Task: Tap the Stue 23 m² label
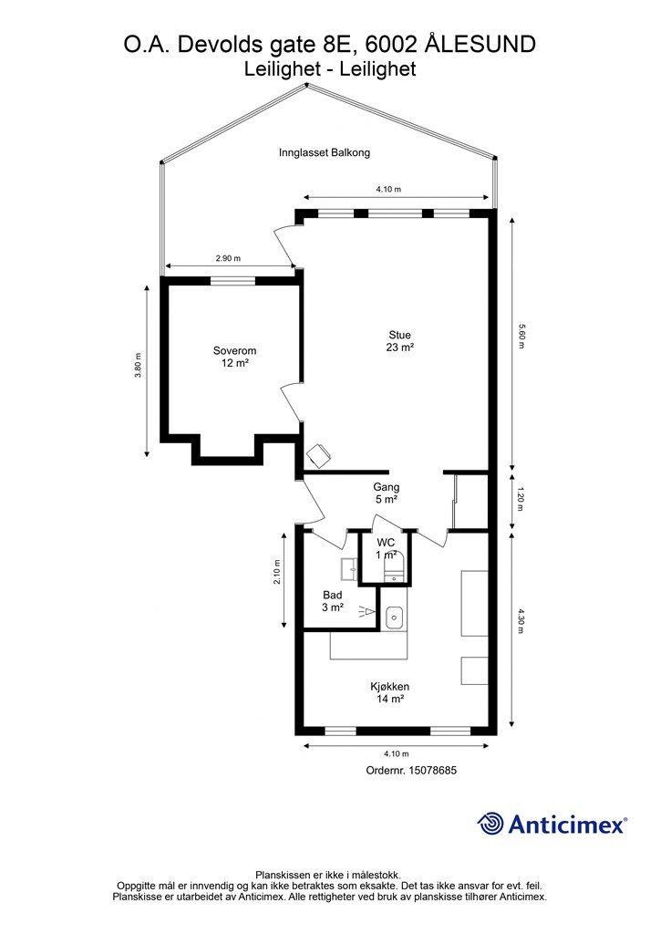[400, 341]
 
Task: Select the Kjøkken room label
[390, 693]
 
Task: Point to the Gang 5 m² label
[387, 493]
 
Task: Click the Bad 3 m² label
[333, 601]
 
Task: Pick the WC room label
[386, 543]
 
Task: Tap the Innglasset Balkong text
[325, 152]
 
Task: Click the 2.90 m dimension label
[228, 258]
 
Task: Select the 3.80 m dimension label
[138, 365]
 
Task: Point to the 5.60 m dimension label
[521, 336]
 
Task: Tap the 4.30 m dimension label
[521, 620]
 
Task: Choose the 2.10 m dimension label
[277, 572]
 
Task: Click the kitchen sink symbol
[394, 617]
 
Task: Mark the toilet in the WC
[395, 567]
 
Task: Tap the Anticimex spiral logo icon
[490, 824]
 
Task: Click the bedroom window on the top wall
[233, 281]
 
